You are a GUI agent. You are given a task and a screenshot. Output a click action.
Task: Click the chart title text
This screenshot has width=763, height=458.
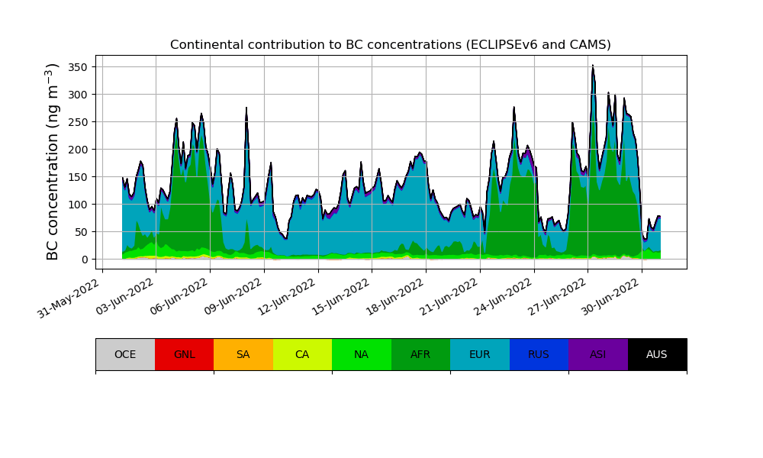pyautogui.click(x=390, y=45)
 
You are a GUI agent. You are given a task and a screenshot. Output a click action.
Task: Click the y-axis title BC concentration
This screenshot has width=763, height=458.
pyautogui.click(x=53, y=161)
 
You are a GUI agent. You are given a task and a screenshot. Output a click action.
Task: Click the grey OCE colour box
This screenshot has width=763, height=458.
pyautogui.click(x=125, y=354)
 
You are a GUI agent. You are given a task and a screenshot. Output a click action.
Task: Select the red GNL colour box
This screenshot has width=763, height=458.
pyautogui.click(x=184, y=354)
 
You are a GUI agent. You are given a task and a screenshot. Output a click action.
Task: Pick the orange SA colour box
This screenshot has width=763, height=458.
pyautogui.click(x=243, y=354)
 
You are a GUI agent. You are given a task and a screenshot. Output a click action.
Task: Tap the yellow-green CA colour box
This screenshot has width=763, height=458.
pyautogui.click(x=302, y=354)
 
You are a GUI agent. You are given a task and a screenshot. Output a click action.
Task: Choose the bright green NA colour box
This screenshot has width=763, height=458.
pyautogui.click(x=362, y=354)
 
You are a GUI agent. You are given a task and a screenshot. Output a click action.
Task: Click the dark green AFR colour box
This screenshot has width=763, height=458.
pyautogui.click(x=420, y=354)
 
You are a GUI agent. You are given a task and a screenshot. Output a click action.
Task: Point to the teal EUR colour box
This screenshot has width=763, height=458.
pyautogui.click(x=480, y=354)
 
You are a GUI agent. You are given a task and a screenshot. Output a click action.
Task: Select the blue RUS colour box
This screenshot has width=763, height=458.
pyautogui.click(x=539, y=354)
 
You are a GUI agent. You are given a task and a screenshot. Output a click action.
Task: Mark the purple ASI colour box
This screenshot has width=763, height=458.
pyautogui.click(x=598, y=354)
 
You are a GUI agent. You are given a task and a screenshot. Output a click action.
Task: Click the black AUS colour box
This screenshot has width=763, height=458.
pyautogui.click(x=657, y=354)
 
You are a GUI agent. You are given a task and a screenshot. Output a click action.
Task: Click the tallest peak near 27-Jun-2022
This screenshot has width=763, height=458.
pyautogui.click(x=592, y=66)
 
